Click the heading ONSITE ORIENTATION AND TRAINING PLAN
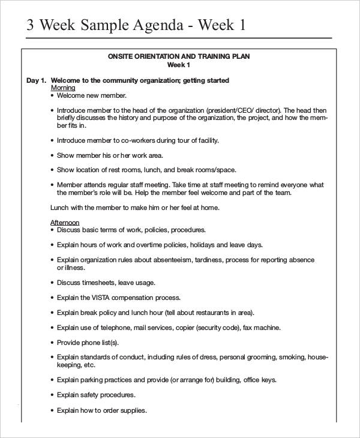pyautogui.click(x=178, y=56)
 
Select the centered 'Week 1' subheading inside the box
pyautogui.click(x=178, y=65)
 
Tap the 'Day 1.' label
pyautogui.click(x=36, y=80)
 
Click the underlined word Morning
pyautogui.click(x=63, y=88)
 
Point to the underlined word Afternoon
pyautogui.click(x=65, y=223)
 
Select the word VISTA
pyautogui.click(x=102, y=298)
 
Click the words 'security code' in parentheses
pyautogui.click(x=220, y=328)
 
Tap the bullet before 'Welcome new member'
pyautogui.click(x=53, y=95)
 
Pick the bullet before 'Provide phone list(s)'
pyautogui.click(x=53, y=343)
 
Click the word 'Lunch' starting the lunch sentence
pyautogui.click(x=59, y=208)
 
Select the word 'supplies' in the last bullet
pyautogui.click(x=134, y=410)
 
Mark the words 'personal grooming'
pyautogui.click(x=246, y=358)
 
